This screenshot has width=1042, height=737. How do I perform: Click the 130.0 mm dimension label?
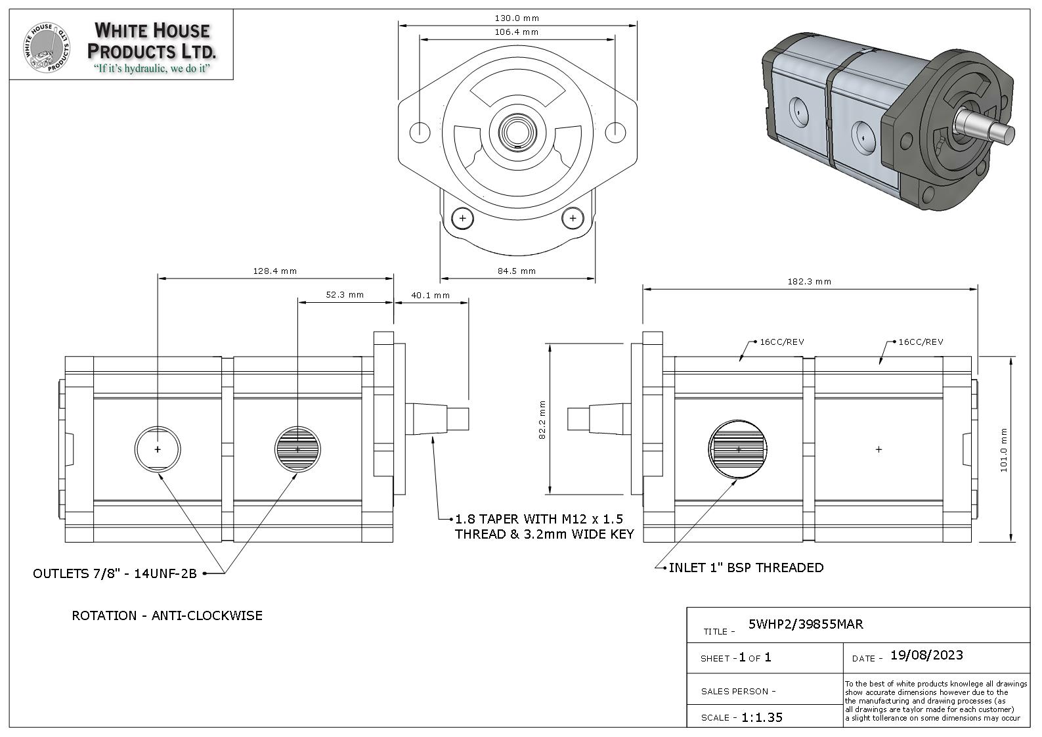click(x=517, y=18)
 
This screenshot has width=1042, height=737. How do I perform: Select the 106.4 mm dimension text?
click(x=517, y=32)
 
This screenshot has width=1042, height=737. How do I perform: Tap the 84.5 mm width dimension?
click(x=517, y=271)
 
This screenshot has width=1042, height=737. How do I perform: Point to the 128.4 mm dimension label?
click(x=275, y=271)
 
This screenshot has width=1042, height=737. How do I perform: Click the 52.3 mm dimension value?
click(x=345, y=295)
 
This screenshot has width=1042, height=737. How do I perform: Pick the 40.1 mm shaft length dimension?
click(x=431, y=296)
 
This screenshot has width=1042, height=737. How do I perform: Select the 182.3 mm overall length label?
click(x=810, y=281)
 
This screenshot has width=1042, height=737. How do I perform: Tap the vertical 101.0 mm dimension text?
click(x=1003, y=450)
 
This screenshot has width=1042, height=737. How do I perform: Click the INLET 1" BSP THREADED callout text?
click(x=746, y=568)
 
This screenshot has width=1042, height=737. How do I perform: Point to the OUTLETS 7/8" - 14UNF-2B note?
click(x=115, y=574)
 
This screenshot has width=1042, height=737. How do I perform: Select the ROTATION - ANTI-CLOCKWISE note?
click(x=167, y=616)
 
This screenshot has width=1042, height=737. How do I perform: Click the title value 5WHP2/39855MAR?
click(x=806, y=624)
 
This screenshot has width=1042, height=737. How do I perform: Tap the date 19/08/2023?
click(x=926, y=656)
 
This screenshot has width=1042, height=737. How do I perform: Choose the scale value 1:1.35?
click(x=762, y=717)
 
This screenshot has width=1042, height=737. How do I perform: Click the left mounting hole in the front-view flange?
click(x=420, y=132)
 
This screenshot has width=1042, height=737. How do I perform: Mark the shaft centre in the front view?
click(x=517, y=132)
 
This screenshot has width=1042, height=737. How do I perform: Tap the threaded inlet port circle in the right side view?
click(x=739, y=450)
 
